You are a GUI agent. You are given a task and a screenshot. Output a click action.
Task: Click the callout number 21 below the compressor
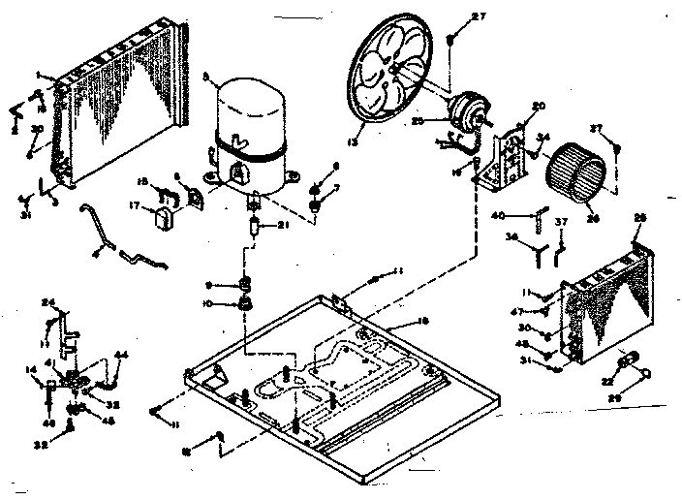[x=283, y=226]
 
